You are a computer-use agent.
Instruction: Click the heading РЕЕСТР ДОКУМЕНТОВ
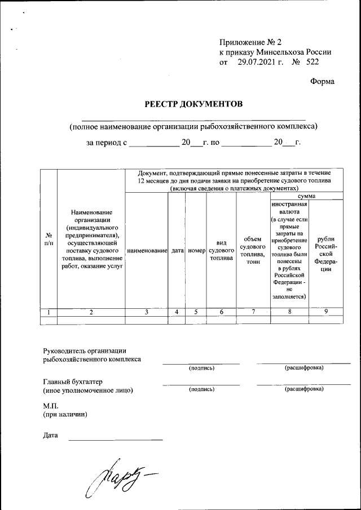[x=194, y=104]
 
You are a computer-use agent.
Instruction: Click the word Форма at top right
[x=322, y=81]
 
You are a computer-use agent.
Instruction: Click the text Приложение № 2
[x=249, y=42]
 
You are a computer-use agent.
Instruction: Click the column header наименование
[x=147, y=250]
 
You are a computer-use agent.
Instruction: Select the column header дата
[x=177, y=250]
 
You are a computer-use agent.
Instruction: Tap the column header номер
[x=196, y=250]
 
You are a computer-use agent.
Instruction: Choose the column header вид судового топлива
[x=221, y=250]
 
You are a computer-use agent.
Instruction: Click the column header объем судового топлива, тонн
[x=253, y=250]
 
